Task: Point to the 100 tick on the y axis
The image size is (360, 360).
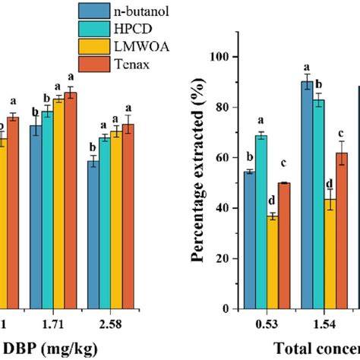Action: [221, 57]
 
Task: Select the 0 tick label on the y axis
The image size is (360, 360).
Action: [227, 310]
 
